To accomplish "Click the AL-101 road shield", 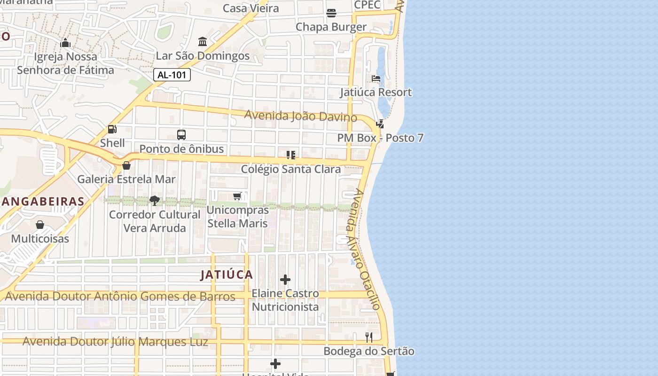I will pos(172,74).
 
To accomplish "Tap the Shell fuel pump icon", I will pos(112,129).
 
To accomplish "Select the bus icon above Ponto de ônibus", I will pos(181,135).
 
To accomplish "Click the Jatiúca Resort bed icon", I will pos(376,78).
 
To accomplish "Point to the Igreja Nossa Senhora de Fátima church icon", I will pos(65,43).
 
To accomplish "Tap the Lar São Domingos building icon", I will pos(203,42).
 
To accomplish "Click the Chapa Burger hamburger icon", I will pos(331,13).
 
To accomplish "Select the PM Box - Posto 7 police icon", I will pos(380,124).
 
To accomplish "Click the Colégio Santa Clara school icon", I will pos(290,155).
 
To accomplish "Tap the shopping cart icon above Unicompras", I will pos(237,196).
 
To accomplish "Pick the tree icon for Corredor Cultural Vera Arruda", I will pos(154,201).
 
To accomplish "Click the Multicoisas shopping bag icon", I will pos(40,225).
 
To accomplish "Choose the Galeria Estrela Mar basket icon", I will pos(126,165).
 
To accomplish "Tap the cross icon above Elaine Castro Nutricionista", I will pos(285,280).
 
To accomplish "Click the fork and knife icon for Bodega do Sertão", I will pos(369,337).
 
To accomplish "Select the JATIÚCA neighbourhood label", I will pos(227,274).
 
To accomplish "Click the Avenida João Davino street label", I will pos(300,116).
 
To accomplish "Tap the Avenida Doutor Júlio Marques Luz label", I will pos(115,342).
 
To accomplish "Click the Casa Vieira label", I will pos(251,8).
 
